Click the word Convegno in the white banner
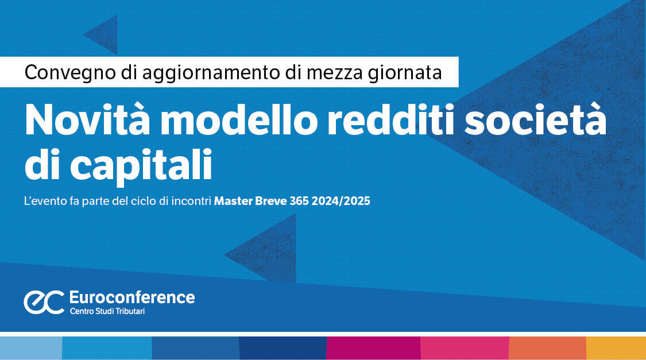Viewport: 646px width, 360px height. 69,73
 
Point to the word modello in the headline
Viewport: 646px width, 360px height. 239,120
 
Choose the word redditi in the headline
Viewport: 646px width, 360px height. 390,120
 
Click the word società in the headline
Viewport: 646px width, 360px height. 536,119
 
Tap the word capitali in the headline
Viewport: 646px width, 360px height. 141,165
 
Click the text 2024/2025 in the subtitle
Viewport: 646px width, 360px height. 341,201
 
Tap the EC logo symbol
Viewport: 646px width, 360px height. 44,302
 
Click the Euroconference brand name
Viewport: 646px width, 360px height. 132,297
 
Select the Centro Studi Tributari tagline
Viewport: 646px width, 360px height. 107,311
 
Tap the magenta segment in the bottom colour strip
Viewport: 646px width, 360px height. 373,348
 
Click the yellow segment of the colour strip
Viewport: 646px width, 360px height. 616,348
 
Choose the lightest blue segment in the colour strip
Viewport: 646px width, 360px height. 31,348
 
